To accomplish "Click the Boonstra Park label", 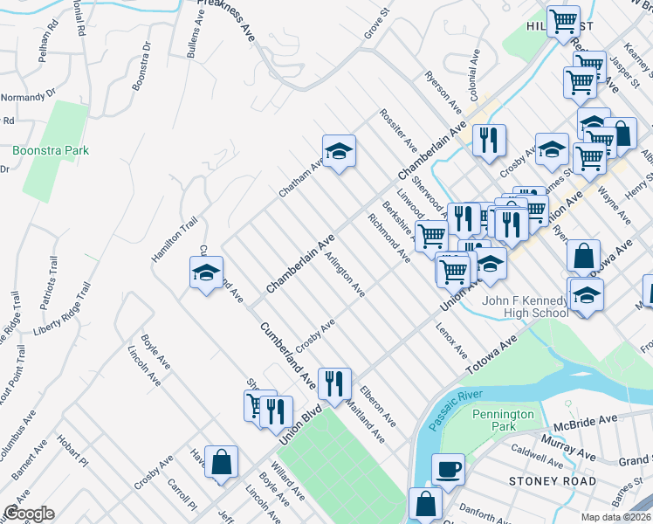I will pyautogui.click(x=51, y=150).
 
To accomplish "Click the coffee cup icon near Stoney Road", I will pyautogui.click(x=448, y=469).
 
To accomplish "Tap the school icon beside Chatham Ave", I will pyautogui.click(x=339, y=150).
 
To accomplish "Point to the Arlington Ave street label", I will pyautogui.click(x=345, y=275).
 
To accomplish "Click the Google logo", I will pyautogui.click(x=28, y=514).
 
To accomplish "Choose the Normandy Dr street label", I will pyautogui.click(x=28, y=91).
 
